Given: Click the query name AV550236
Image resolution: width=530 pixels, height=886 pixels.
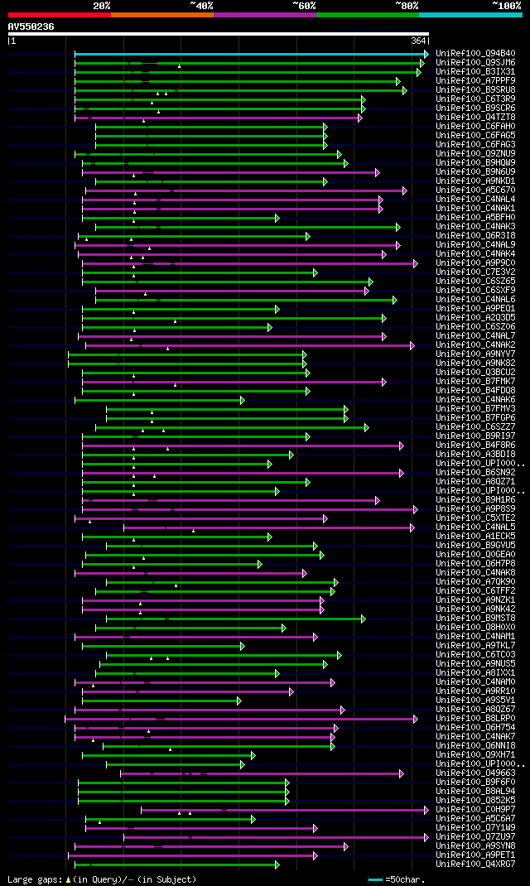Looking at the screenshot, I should pos(31,26).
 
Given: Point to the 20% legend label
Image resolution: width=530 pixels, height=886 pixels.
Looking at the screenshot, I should pos(102,6).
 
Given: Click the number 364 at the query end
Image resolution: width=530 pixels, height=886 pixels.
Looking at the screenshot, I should pos(418,41).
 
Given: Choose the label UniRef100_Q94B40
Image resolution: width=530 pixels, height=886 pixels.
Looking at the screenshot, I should pos(475,53).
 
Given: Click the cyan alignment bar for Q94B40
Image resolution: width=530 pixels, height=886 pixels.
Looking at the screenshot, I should pos(248,54).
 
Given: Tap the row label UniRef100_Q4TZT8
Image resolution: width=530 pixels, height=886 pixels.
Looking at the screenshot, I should pos(475,117).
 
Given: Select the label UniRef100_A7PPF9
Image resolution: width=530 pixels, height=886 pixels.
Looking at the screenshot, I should pos(475,80).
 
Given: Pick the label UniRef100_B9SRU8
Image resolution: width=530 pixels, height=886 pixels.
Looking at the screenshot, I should pos(475,89).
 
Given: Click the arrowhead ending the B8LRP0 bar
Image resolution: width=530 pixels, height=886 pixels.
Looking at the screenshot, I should pos(416,719).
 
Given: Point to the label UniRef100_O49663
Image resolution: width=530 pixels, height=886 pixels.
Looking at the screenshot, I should pos(475,773).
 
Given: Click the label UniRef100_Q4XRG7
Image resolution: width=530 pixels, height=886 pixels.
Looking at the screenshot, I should pos(475,864).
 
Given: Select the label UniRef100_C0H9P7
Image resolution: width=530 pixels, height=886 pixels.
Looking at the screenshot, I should pos(475,810).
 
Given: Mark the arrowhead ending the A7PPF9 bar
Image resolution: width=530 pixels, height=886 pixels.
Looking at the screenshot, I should pos(398,81).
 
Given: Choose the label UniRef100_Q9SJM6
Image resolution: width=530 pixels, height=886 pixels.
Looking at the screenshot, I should pos(475,62).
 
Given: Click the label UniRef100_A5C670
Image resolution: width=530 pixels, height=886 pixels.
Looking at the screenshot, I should pos(475,190).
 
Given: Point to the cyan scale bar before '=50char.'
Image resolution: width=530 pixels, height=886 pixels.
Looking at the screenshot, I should pos(375,879).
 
